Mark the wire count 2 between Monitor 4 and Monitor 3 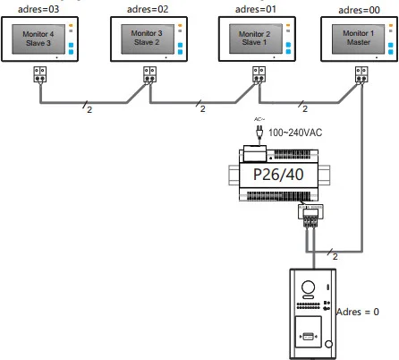click(87, 110)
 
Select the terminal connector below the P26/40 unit click(310, 214)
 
